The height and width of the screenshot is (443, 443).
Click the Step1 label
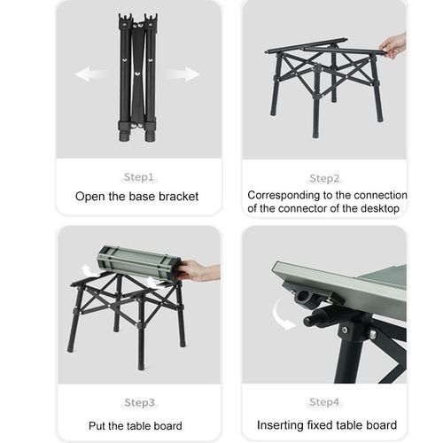pos(138,176)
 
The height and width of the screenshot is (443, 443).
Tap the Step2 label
pos(324,176)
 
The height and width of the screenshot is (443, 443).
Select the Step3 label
pos(138,401)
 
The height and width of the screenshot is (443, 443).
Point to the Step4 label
pos(324,401)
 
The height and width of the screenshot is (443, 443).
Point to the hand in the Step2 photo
pos(394,44)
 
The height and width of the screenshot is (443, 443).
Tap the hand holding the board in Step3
pos(197,270)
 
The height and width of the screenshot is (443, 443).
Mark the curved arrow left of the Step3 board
pos(86,269)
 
